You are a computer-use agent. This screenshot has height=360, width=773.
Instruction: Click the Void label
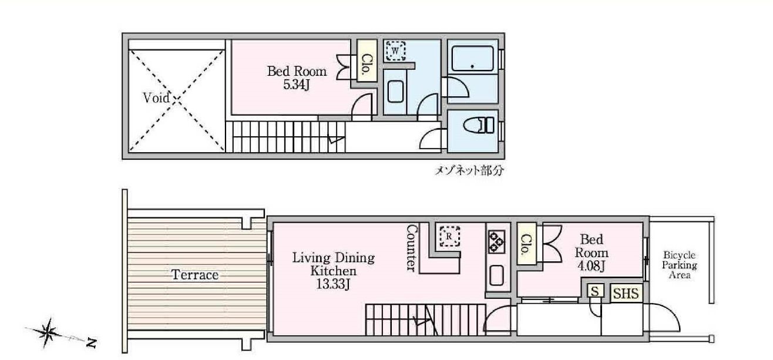click(x=157, y=98)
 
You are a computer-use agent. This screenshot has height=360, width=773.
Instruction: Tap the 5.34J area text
click(x=296, y=85)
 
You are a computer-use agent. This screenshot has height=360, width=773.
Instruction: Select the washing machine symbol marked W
click(x=395, y=51)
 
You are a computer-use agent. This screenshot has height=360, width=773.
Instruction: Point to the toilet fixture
click(x=480, y=125)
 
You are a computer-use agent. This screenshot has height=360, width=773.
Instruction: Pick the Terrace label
click(x=195, y=274)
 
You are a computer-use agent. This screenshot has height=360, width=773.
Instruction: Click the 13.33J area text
click(x=334, y=285)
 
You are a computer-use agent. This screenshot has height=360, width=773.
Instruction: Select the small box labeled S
click(x=595, y=292)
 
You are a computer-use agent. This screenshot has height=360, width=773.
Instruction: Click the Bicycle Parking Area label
click(x=680, y=265)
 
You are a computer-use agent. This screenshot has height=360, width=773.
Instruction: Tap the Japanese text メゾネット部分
click(x=468, y=171)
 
